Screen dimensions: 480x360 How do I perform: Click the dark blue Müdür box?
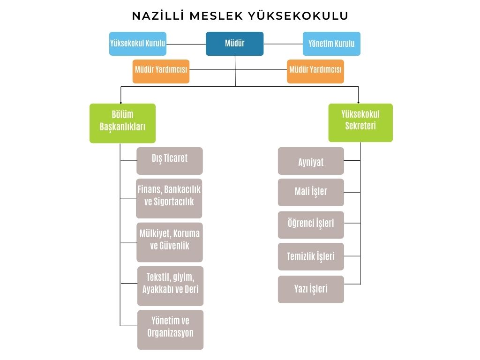(234, 44)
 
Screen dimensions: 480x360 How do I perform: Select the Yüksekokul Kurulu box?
(138, 44)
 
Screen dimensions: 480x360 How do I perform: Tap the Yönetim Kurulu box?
(331, 44)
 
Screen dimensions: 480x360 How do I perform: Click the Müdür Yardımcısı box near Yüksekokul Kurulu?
(161, 71)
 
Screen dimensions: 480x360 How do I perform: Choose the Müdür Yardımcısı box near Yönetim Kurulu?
(315, 71)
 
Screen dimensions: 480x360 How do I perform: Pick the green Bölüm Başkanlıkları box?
(122, 123)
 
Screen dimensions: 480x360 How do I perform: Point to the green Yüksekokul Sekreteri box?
(360, 123)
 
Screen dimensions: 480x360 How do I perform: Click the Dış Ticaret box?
(170, 161)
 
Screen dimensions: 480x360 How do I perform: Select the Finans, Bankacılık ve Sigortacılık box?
(169, 198)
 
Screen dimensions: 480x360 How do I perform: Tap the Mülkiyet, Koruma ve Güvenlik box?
(170, 242)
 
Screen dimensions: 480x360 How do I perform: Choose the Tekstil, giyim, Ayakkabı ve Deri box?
(170, 286)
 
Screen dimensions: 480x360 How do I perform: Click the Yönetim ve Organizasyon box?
(170, 330)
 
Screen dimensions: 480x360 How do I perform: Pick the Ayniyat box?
(311, 161)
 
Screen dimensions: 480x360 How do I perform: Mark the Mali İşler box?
(311, 193)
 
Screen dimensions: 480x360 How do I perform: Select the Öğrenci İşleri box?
(311, 225)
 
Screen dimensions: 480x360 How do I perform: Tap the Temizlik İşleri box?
(311, 256)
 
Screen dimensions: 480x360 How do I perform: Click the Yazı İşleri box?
(311, 289)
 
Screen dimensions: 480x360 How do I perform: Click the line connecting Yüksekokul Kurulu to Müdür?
(186, 44)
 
